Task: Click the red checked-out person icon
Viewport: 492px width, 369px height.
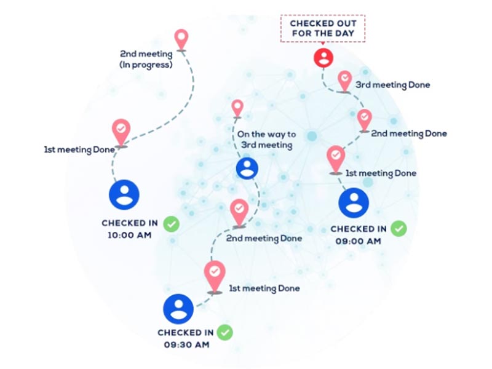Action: [323, 58]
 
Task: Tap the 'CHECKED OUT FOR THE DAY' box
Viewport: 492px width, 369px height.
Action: [323, 28]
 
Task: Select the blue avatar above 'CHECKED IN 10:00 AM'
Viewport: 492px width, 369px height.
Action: [124, 194]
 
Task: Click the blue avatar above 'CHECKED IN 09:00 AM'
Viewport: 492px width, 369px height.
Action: [354, 202]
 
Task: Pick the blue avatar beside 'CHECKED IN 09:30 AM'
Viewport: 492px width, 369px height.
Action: [178, 309]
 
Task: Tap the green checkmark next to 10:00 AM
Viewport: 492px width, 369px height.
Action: [172, 224]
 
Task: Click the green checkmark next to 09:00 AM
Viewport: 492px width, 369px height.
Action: [399, 229]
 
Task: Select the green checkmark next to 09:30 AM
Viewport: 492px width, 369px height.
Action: [226, 333]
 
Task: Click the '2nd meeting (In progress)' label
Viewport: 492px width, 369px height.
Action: [146, 59]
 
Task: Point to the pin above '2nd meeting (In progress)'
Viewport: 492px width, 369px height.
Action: [181, 39]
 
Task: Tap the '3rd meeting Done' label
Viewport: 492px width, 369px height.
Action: [392, 85]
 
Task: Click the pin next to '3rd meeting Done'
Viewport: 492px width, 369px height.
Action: [344, 81]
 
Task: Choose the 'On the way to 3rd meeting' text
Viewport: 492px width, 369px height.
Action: [266, 140]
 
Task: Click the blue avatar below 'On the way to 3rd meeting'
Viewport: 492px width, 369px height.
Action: [247, 168]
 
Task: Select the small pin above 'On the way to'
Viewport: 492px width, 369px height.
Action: [237, 109]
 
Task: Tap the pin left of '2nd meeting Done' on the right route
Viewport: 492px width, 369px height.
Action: [365, 119]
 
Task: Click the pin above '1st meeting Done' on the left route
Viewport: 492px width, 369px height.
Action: [121, 132]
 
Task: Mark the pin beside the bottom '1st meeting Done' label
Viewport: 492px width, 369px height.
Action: [214, 276]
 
